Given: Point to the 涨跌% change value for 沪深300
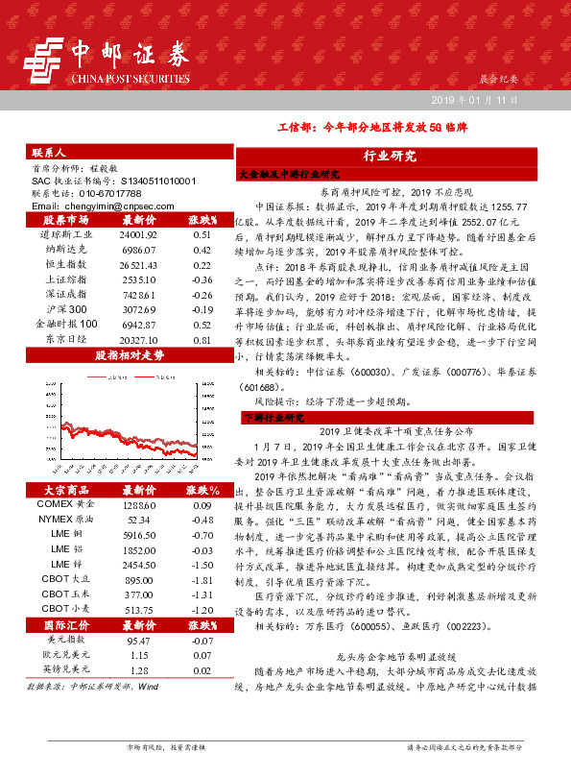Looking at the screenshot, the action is pyautogui.click(x=202, y=309).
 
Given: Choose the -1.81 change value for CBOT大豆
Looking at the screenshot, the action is pyautogui.click(x=202, y=580).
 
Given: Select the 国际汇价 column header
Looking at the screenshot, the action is pyautogui.click(x=60, y=624).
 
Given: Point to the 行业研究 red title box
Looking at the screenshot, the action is pyautogui.click(x=390, y=156).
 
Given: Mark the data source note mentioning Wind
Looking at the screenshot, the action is pyautogui.click(x=93, y=687).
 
